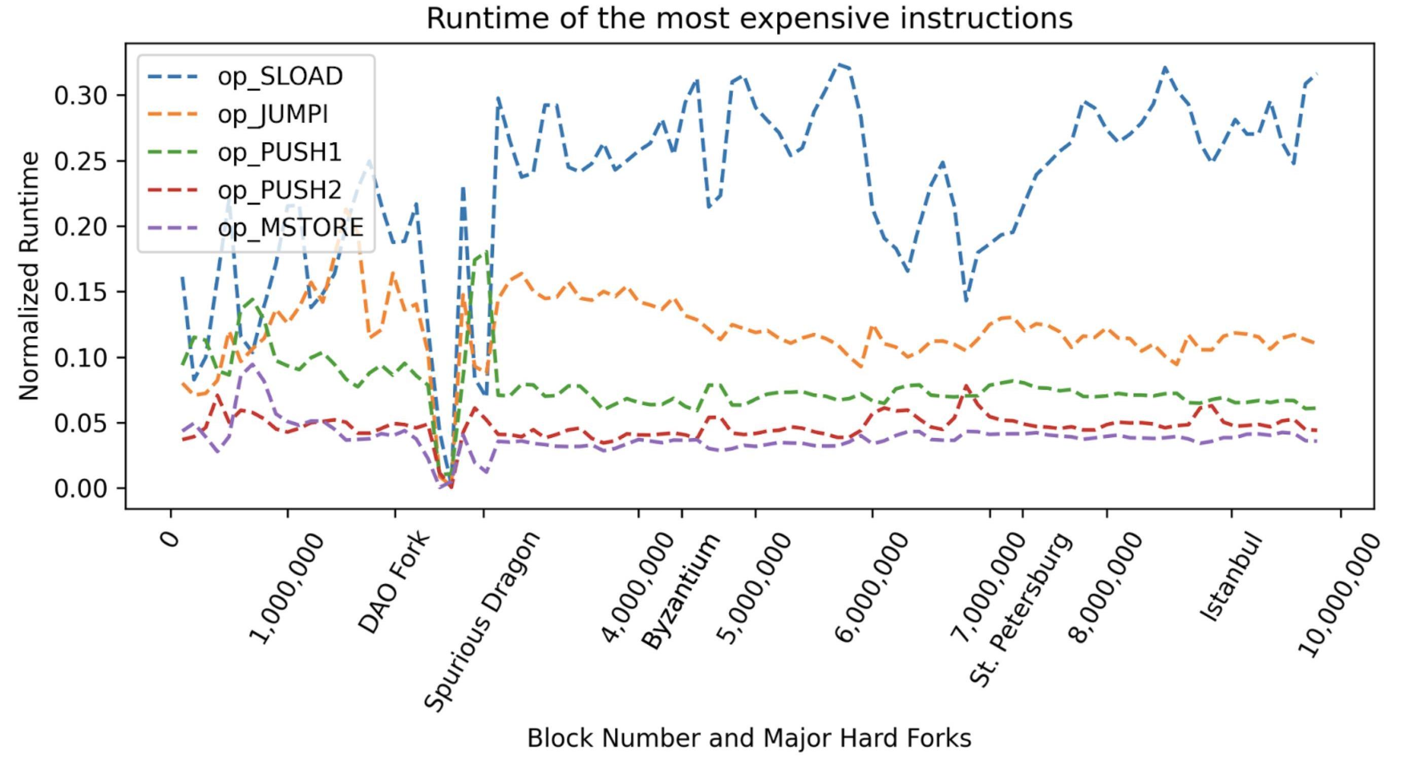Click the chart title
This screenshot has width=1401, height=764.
pos(749,18)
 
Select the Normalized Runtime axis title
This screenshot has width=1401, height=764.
pos(29,276)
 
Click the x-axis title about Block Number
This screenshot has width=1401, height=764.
pos(749,739)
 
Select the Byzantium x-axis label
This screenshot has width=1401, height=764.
pos(681,591)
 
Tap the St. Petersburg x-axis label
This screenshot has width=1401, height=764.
pos(1022,609)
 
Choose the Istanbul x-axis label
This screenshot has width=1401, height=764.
pos(1230,576)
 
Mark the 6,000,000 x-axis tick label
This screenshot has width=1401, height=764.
pos(870,587)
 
